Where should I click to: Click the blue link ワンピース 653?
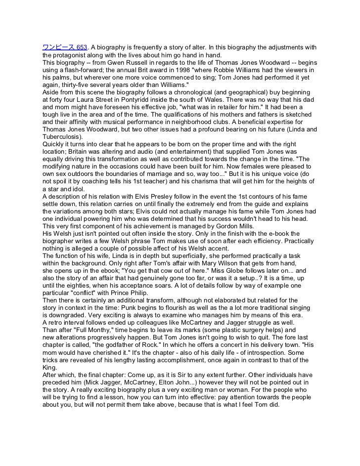64,47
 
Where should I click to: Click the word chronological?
180,92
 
